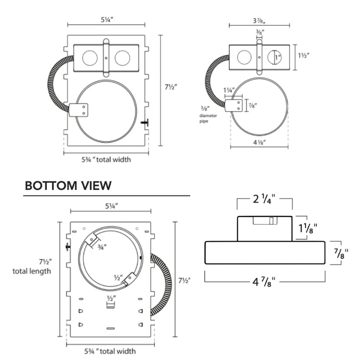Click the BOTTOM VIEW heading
[68, 185]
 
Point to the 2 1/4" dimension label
[265, 198]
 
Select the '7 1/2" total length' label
[32, 266]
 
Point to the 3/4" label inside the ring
[102, 247]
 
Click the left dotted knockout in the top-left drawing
[89, 57]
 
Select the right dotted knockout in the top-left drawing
[122, 57]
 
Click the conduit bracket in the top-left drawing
[79, 110]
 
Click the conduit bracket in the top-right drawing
[237, 105]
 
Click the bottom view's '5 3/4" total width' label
[110, 351]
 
